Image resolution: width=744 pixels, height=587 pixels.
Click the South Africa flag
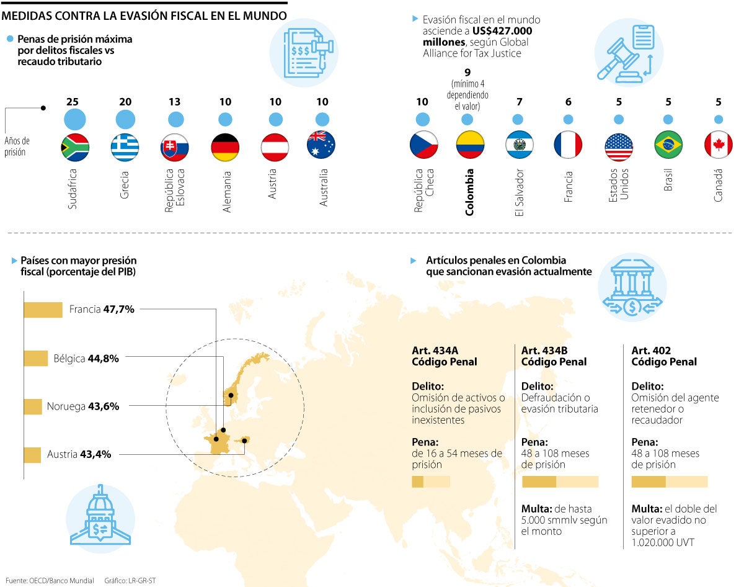75,148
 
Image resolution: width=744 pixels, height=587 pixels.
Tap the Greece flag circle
125,148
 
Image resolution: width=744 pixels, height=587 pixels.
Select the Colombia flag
470,145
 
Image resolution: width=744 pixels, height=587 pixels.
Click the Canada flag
718,145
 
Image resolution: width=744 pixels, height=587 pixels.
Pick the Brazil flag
668,145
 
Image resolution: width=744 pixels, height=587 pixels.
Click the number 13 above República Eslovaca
175,102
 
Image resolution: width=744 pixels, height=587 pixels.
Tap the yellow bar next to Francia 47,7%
43,310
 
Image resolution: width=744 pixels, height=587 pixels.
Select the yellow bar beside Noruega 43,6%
33,406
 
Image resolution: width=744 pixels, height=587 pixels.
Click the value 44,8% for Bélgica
104,358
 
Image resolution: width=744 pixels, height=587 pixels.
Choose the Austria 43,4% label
79,454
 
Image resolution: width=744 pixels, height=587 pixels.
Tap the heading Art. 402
651,351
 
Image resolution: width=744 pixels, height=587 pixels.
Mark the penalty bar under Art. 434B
560,482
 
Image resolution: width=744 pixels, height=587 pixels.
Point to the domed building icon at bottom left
100,515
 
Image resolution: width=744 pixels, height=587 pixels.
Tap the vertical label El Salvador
520,192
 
